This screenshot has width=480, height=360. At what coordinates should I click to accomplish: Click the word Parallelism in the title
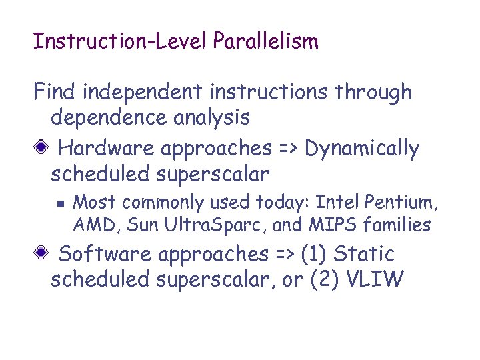click(266, 42)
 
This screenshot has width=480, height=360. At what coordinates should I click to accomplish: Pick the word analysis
click(210, 118)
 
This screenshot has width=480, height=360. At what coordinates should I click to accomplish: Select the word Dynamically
click(362, 148)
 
